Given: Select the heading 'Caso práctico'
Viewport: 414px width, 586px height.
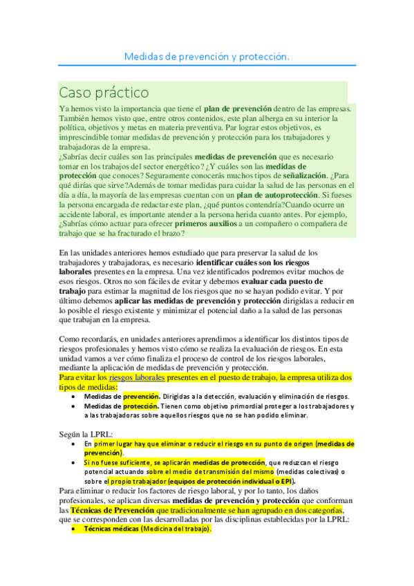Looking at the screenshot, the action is [104, 92].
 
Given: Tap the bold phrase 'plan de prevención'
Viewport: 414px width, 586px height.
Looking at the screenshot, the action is [237, 109].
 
